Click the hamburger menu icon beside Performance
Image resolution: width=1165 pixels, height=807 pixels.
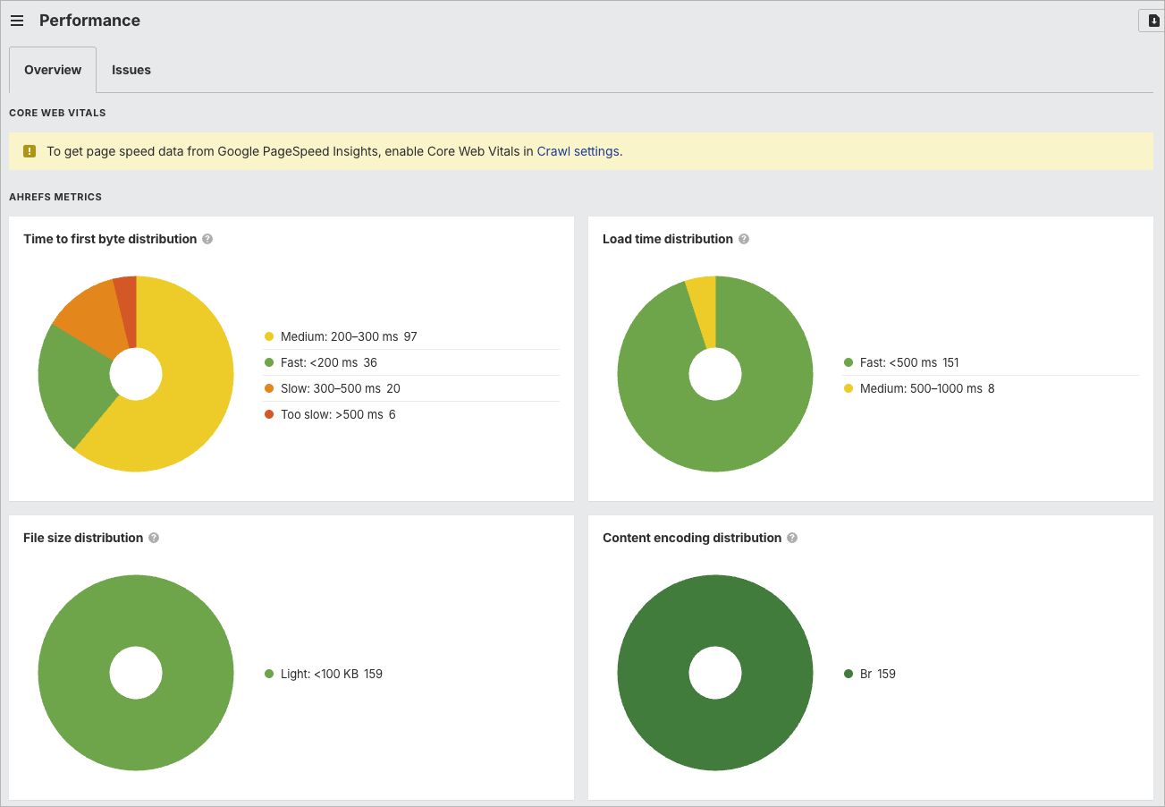17,21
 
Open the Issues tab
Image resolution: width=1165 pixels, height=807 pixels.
131,70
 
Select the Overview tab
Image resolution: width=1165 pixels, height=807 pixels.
53,70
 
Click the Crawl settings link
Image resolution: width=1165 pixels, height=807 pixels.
578,151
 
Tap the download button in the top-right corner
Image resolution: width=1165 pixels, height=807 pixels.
1152,21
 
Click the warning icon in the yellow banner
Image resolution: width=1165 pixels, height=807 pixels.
30,151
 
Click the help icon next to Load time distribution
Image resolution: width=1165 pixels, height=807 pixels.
744,239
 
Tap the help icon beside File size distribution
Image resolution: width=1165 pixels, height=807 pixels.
154,538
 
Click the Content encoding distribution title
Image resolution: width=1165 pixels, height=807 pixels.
692,538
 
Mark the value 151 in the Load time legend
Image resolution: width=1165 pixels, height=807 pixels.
950,362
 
